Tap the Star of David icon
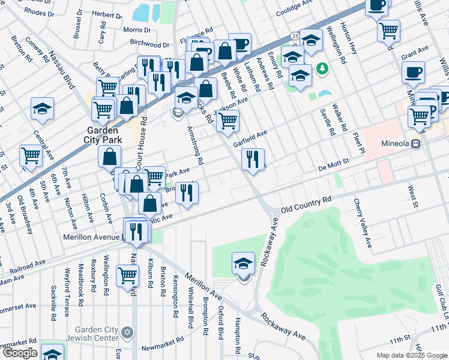click(x=126, y=332)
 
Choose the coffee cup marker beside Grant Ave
click(x=413, y=73)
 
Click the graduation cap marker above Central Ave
click(x=43, y=109)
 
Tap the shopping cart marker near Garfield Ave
click(x=228, y=120)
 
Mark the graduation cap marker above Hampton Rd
click(x=244, y=263)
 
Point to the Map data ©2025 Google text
click(x=411, y=355)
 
